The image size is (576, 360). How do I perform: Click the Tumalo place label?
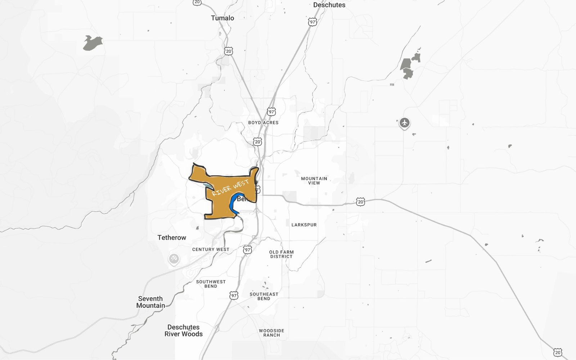pos(222,18)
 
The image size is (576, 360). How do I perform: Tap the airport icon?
pos(405,123)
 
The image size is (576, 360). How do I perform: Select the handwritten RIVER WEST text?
pos(230,188)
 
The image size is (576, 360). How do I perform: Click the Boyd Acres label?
pos(263,123)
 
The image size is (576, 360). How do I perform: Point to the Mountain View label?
pos(314,181)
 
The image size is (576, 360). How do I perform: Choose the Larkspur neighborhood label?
pos(304,225)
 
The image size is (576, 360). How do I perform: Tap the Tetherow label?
pos(172,238)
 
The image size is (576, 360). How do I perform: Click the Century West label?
pos(211,249)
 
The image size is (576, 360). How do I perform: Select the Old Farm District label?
pos(282,254)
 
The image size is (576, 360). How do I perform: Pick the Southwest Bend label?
pos(211,284)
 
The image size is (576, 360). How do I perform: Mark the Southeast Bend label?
pos(264,296)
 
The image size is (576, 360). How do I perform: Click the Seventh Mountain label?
pos(150,302)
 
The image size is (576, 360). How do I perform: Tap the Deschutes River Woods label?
pos(184,330)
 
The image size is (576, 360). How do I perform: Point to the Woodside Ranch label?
pos(271,333)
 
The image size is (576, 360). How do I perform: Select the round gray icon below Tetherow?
pos(174,258)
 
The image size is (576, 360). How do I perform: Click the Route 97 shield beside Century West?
pos(247,250)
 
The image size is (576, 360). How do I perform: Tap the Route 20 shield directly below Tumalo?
pos(229,51)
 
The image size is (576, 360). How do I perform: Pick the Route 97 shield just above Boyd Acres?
pos(271,112)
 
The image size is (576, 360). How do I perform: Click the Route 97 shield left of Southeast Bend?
pos(234,296)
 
